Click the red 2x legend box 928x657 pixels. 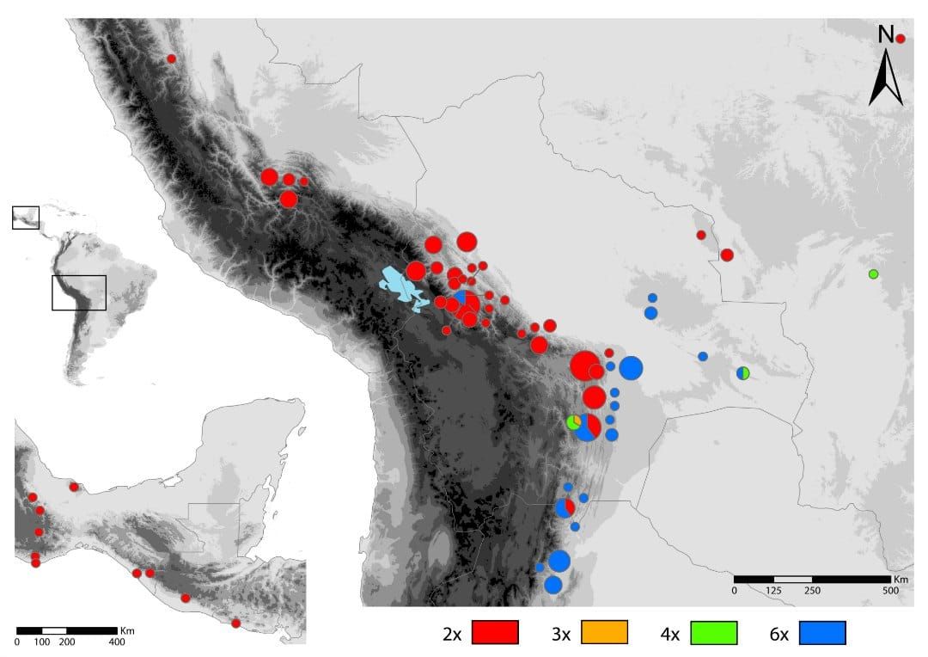[x=493, y=632]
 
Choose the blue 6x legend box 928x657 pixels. [x=822, y=632]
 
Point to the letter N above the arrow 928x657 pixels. [x=885, y=35]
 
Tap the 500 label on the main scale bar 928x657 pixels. [x=890, y=592]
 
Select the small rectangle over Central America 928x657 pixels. [x=25, y=218]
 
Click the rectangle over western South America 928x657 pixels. [x=78, y=292]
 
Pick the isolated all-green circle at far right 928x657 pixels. [x=873, y=274]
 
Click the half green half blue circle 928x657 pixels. [x=743, y=372]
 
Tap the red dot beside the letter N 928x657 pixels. [x=901, y=39]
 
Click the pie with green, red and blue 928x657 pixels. [x=586, y=427]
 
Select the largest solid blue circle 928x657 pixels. [x=631, y=368]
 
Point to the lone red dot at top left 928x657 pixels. [x=171, y=58]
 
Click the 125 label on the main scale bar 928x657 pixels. [x=773, y=592]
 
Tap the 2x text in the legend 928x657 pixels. [x=452, y=635]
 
